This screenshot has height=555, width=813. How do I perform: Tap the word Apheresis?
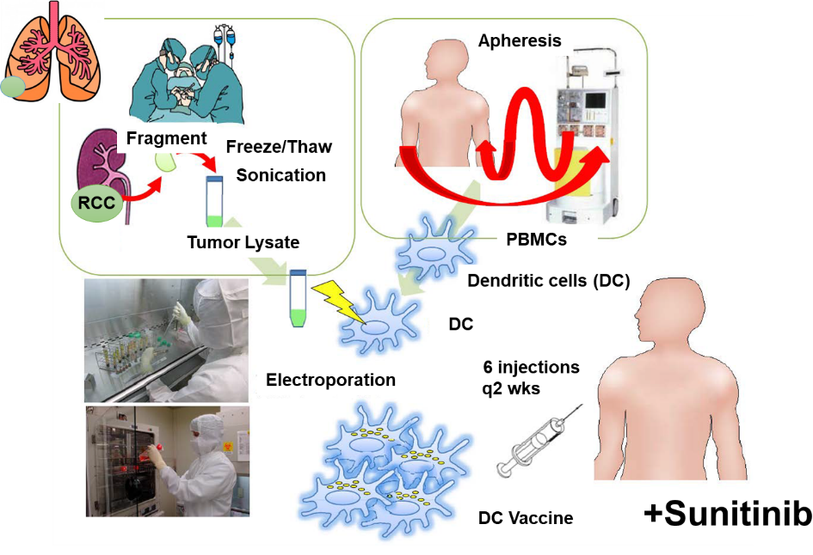pos(520,40)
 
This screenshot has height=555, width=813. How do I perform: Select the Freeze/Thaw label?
pos(279,146)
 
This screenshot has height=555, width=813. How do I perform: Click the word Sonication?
pos(280,175)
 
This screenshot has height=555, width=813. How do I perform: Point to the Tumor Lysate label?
pos(243,242)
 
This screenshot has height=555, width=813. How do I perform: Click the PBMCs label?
pos(536,240)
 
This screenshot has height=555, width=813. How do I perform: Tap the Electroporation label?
pos(331,380)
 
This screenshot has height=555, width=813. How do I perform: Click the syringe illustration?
pos(533,445)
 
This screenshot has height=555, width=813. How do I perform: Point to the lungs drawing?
pos(52,52)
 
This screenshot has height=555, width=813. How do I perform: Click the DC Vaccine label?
pos(526,518)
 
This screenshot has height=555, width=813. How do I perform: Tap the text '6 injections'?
pos(532,368)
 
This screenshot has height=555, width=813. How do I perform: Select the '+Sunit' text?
pos(696,514)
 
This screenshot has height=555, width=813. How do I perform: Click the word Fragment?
pos(167,138)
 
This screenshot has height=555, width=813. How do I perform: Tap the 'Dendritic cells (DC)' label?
pos(548,281)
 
